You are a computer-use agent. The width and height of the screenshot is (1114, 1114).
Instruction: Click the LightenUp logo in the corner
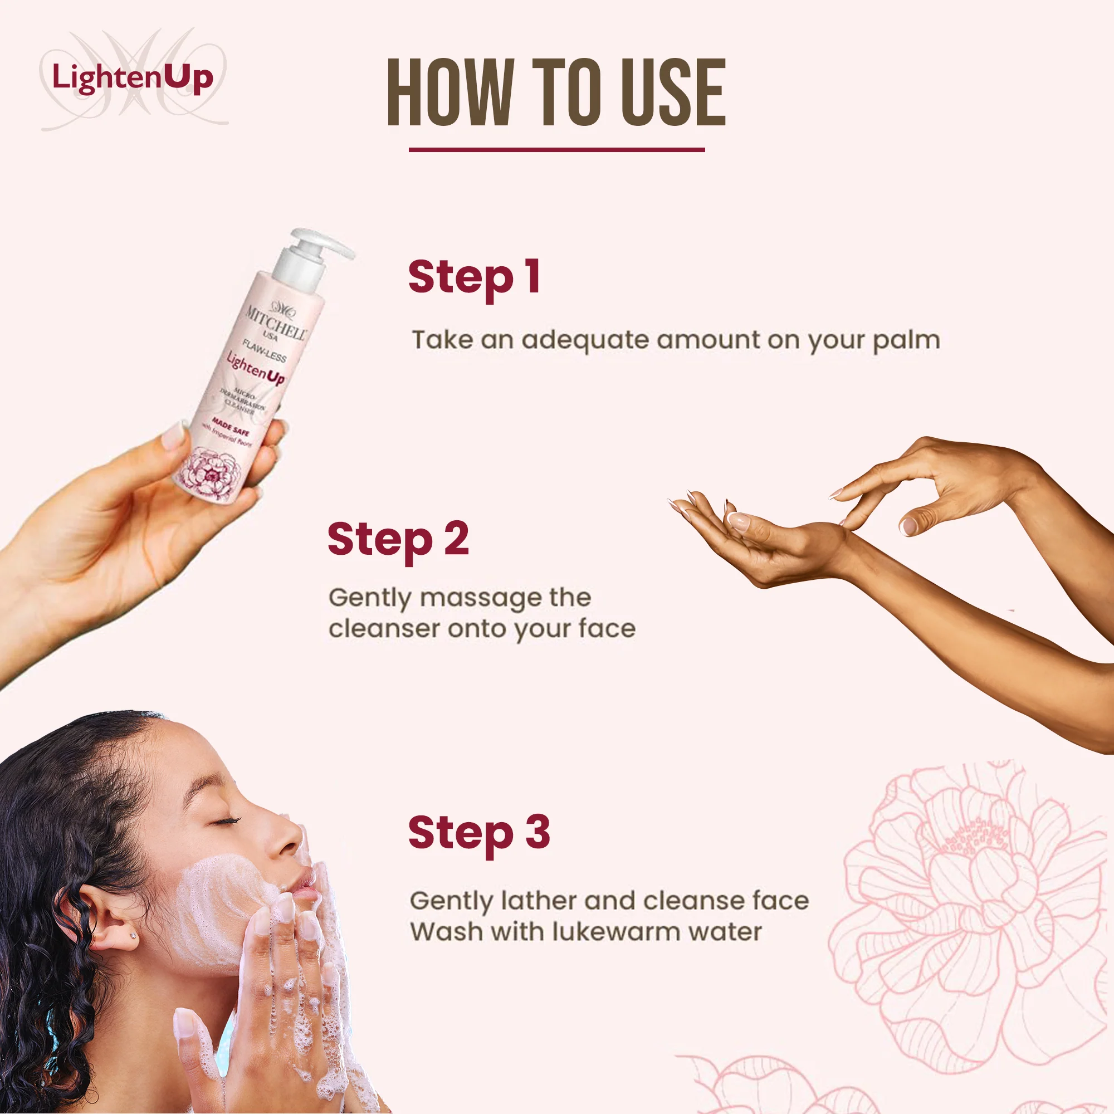coord(133,78)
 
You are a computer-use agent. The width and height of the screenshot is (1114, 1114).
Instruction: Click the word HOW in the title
coord(449,92)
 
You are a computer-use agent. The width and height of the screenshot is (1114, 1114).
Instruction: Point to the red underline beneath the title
coord(556,149)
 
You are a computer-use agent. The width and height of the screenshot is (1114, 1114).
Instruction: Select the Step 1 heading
coord(474,277)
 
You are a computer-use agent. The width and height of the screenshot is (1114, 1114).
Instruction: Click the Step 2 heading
coord(398,539)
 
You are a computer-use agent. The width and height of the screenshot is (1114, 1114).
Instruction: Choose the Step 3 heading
coord(478,833)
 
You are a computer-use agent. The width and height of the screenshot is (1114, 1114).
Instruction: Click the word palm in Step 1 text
coord(906,340)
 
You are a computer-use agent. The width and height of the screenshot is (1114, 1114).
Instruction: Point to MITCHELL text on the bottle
coord(276,324)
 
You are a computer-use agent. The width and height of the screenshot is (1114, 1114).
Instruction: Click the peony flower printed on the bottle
coord(211,473)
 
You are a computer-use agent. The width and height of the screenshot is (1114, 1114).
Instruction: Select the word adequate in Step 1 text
coord(587,340)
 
